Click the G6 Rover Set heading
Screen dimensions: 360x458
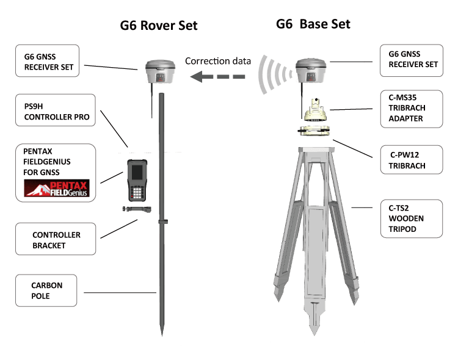[159, 26]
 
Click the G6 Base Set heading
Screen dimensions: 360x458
[313, 24]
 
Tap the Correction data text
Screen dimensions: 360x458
[218, 61]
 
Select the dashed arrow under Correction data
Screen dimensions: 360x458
[217, 77]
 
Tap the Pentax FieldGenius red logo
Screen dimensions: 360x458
[56, 189]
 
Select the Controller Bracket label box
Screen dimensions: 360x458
[57, 240]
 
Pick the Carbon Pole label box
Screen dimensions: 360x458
[47, 290]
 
